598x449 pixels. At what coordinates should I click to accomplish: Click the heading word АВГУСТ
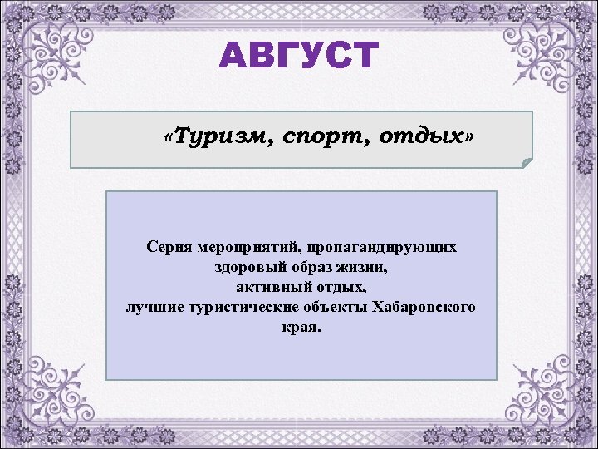(298, 56)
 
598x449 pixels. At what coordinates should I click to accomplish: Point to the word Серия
(167, 248)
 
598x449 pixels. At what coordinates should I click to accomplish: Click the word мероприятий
(248, 248)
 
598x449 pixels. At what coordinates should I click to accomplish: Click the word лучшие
(154, 308)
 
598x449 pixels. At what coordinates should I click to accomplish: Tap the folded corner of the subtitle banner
(526, 161)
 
